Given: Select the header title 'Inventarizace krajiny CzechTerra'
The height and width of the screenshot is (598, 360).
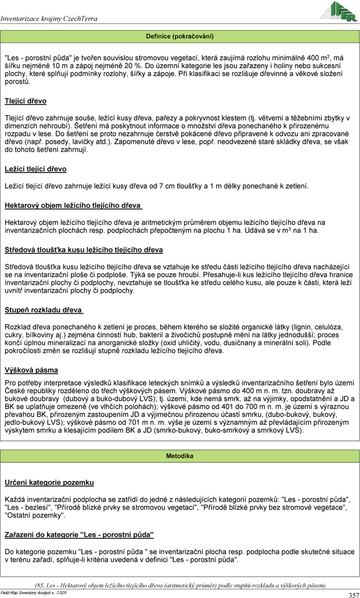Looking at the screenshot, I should tap(49, 19).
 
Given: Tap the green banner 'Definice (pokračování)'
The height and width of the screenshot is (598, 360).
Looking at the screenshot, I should tap(180, 37).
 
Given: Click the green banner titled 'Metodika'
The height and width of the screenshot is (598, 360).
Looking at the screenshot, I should tap(180, 456).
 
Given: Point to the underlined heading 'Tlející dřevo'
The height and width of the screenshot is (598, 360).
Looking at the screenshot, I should tap(26, 101).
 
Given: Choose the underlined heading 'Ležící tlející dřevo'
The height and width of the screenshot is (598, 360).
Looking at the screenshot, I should tap(36, 169).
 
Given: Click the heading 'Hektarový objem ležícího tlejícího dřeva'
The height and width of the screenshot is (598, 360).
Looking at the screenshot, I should tap(73, 206).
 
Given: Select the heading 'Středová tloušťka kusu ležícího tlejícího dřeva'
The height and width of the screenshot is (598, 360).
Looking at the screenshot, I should tap(84, 250).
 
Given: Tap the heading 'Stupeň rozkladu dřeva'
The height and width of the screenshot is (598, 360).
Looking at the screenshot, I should tap(44, 311).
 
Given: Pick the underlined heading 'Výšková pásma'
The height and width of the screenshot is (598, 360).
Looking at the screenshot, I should tap(32, 370).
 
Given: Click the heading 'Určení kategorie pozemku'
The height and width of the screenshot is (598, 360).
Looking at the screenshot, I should tap(49, 483).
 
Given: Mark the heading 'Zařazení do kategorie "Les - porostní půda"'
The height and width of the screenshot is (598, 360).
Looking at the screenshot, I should tap(79, 535).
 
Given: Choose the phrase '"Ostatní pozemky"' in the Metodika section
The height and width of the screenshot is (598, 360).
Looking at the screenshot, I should tap(35, 516).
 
